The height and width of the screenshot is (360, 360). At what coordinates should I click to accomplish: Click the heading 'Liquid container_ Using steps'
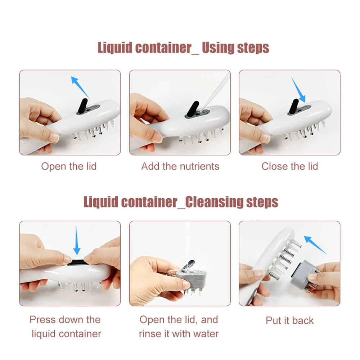click(x=183, y=48)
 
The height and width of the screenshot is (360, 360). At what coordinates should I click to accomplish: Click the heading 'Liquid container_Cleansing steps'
click(x=181, y=202)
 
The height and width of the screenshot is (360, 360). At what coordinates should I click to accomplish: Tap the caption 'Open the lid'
click(x=69, y=166)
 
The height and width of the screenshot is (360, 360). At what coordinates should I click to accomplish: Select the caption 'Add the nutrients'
click(x=180, y=166)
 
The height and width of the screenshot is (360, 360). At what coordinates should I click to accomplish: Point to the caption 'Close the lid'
click(x=290, y=166)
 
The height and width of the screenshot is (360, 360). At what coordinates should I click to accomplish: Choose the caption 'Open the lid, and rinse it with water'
click(x=179, y=327)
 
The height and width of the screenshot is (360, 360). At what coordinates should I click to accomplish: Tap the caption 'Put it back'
click(x=290, y=320)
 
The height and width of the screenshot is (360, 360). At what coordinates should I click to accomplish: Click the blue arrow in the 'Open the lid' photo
click(x=80, y=86)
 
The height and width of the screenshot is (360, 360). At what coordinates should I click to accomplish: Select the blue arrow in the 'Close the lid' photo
click(x=298, y=90)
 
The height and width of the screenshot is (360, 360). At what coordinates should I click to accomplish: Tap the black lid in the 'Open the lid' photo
click(x=84, y=105)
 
